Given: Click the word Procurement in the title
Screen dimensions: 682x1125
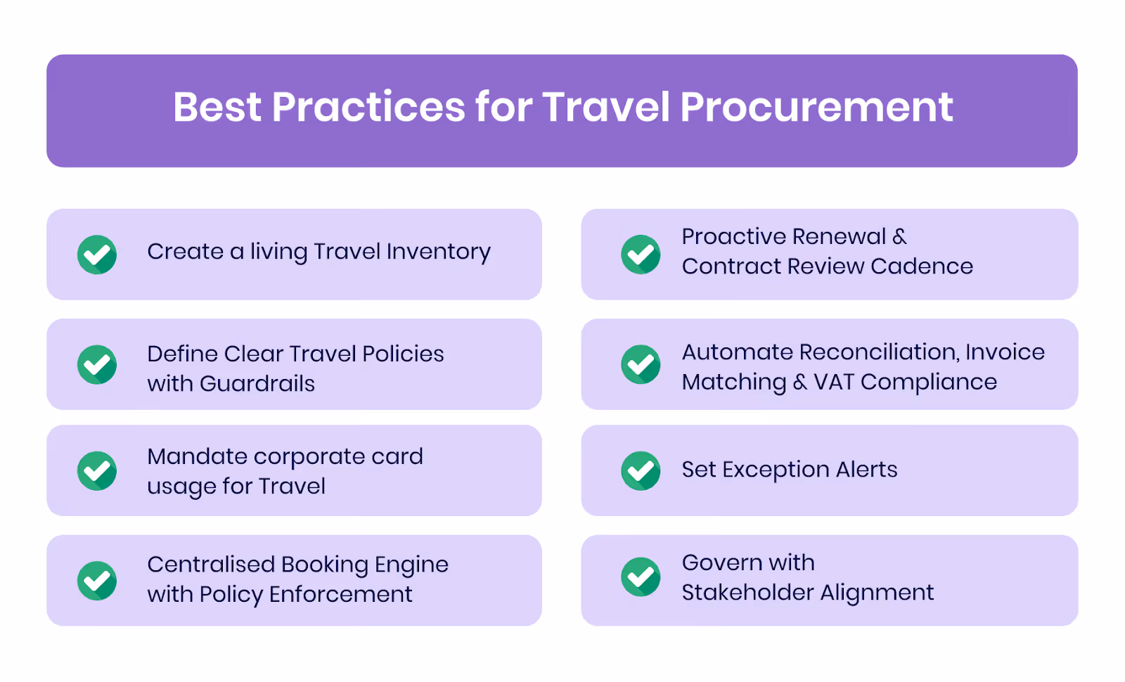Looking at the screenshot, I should pyautogui.click(x=816, y=108).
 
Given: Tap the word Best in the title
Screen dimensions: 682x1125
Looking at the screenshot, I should pyautogui.click(x=217, y=108).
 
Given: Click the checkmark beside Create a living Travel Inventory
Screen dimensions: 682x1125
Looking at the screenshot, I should pyautogui.click(x=97, y=255).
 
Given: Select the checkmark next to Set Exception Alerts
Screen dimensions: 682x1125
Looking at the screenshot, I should pyautogui.click(x=641, y=470).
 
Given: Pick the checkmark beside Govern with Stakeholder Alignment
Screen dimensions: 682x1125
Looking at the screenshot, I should pyautogui.click(x=641, y=577).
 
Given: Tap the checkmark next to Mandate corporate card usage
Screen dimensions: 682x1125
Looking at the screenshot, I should pyautogui.click(x=97, y=470).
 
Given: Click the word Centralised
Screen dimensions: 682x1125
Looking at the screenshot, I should pyautogui.click(x=211, y=565).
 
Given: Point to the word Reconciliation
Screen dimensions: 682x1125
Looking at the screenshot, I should pyautogui.click(x=879, y=352).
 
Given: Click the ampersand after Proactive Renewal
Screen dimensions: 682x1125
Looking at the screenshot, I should pyautogui.click(x=899, y=237).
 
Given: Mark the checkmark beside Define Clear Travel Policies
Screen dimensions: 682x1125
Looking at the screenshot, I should pyautogui.click(x=97, y=364).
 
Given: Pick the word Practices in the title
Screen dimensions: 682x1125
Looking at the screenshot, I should pyautogui.click(x=368, y=108).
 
